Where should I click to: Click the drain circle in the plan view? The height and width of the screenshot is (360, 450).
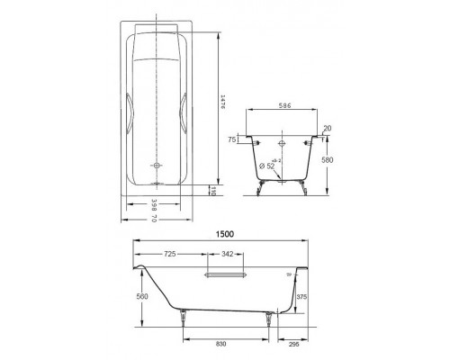click(158, 166)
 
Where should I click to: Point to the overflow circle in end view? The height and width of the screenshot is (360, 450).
click(283, 142)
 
